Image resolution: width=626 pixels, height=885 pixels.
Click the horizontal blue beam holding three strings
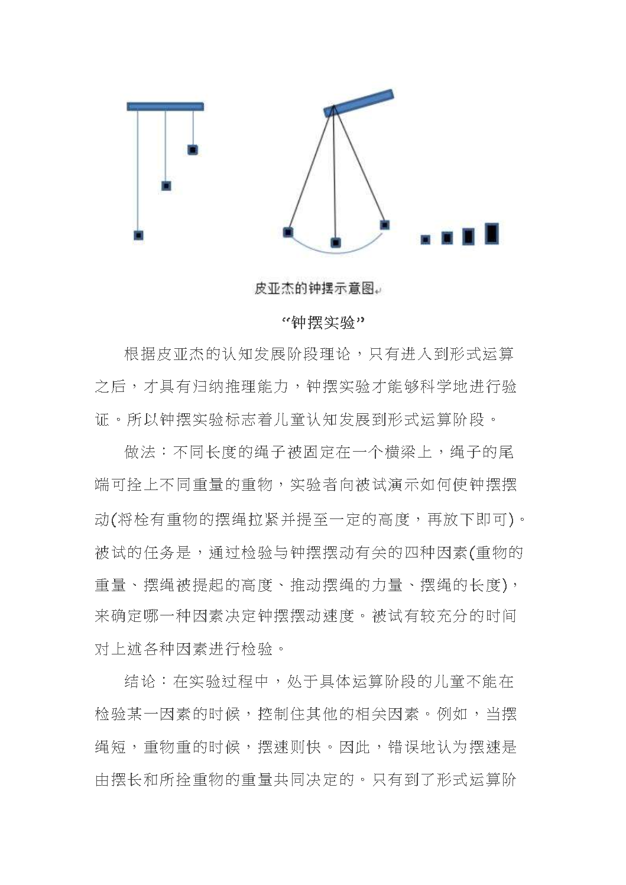coord(166,107)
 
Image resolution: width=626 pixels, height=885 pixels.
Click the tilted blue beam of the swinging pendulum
coord(359,102)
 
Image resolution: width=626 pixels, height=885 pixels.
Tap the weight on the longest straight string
coord(138,235)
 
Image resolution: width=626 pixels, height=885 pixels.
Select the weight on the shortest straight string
coord(192,150)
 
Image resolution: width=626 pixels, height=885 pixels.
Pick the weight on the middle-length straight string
coord(166,186)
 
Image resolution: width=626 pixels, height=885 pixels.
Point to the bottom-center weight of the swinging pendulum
coord(336,242)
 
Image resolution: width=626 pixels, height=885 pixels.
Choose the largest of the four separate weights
coord(491,234)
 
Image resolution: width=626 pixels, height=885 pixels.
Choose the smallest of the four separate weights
coord(425,239)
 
